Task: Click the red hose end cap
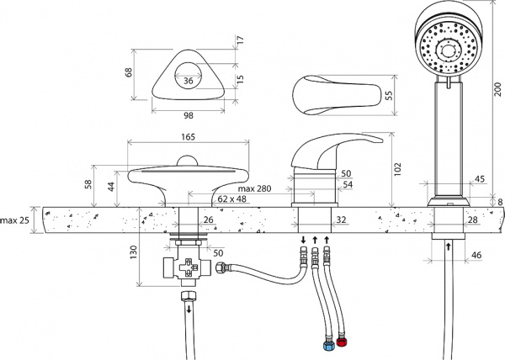[342, 342]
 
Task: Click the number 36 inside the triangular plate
[188, 82]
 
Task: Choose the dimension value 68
[130, 72]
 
